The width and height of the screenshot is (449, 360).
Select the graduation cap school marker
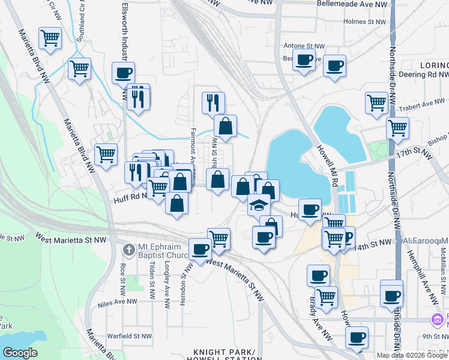click(x=259, y=205)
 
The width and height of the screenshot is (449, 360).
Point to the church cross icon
click(x=128, y=249)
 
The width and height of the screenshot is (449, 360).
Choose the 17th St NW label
click(x=414, y=155)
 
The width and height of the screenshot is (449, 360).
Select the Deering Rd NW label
click(x=420, y=75)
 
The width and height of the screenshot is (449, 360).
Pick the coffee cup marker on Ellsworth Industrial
click(x=123, y=73)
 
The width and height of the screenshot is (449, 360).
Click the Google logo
click(x=20, y=353)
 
